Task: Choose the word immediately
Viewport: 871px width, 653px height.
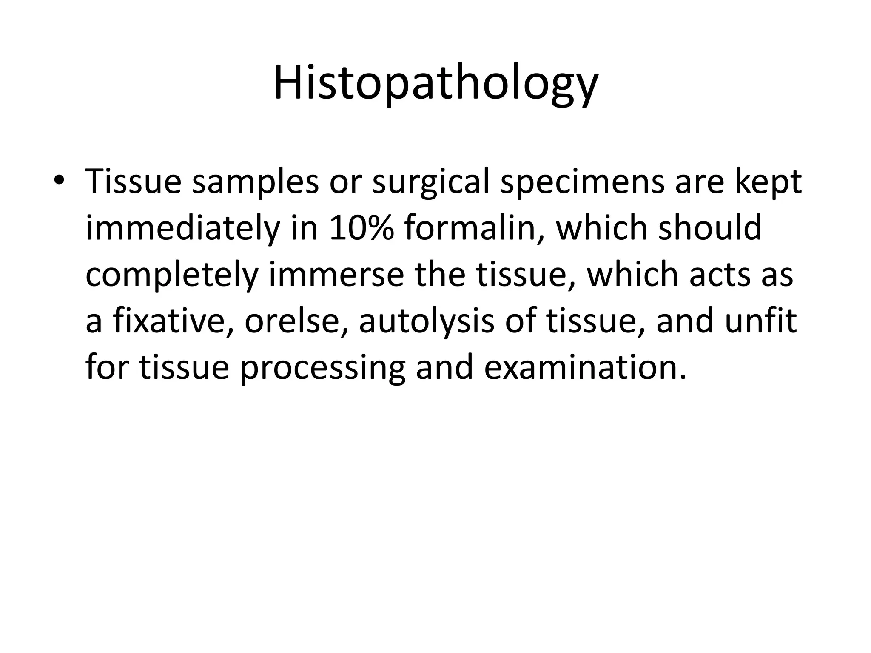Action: (x=183, y=229)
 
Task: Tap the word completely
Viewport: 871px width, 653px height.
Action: (x=172, y=275)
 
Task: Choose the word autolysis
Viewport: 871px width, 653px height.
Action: (x=427, y=321)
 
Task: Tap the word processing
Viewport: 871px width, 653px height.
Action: (x=322, y=367)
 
